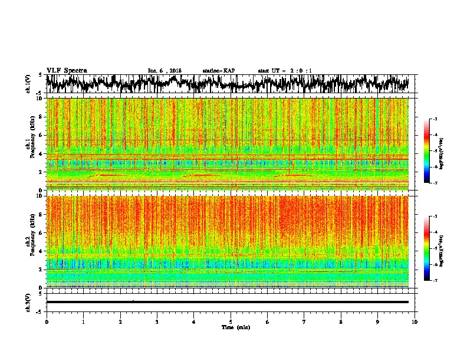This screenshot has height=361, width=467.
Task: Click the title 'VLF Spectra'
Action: [66, 70]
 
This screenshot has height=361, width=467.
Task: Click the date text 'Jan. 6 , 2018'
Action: [165, 70]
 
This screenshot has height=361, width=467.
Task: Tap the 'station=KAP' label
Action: [218, 70]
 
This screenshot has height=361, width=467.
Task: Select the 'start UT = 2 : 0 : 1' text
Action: [285, 70]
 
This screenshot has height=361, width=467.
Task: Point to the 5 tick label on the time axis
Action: [231, 321]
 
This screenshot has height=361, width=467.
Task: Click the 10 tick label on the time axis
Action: [415, 321]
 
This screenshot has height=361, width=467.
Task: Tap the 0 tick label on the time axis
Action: [47, 321]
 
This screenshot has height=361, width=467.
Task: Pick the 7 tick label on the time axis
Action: [304, 321]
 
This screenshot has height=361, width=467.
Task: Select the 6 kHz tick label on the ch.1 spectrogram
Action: [40, 135]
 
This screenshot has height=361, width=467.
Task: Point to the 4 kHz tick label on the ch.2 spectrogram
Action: [40, 251]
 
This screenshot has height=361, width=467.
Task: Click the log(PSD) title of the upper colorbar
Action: [450, 151]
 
